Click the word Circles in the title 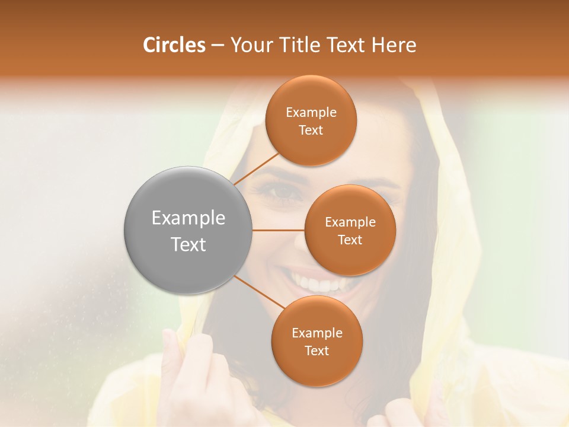click(x=174, y=45)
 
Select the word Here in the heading click(x=394, y=45)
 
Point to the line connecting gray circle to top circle click(x=256, y=168)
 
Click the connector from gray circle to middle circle click(x=279, y=230)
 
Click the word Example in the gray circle click(x=188, y=218)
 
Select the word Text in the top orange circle click(x=311, y=130)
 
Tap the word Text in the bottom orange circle click(x=317, y=350)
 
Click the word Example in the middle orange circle click(x=350, y=222)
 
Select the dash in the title click(x=217, y=45)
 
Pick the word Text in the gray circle click(x=188, y=244)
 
